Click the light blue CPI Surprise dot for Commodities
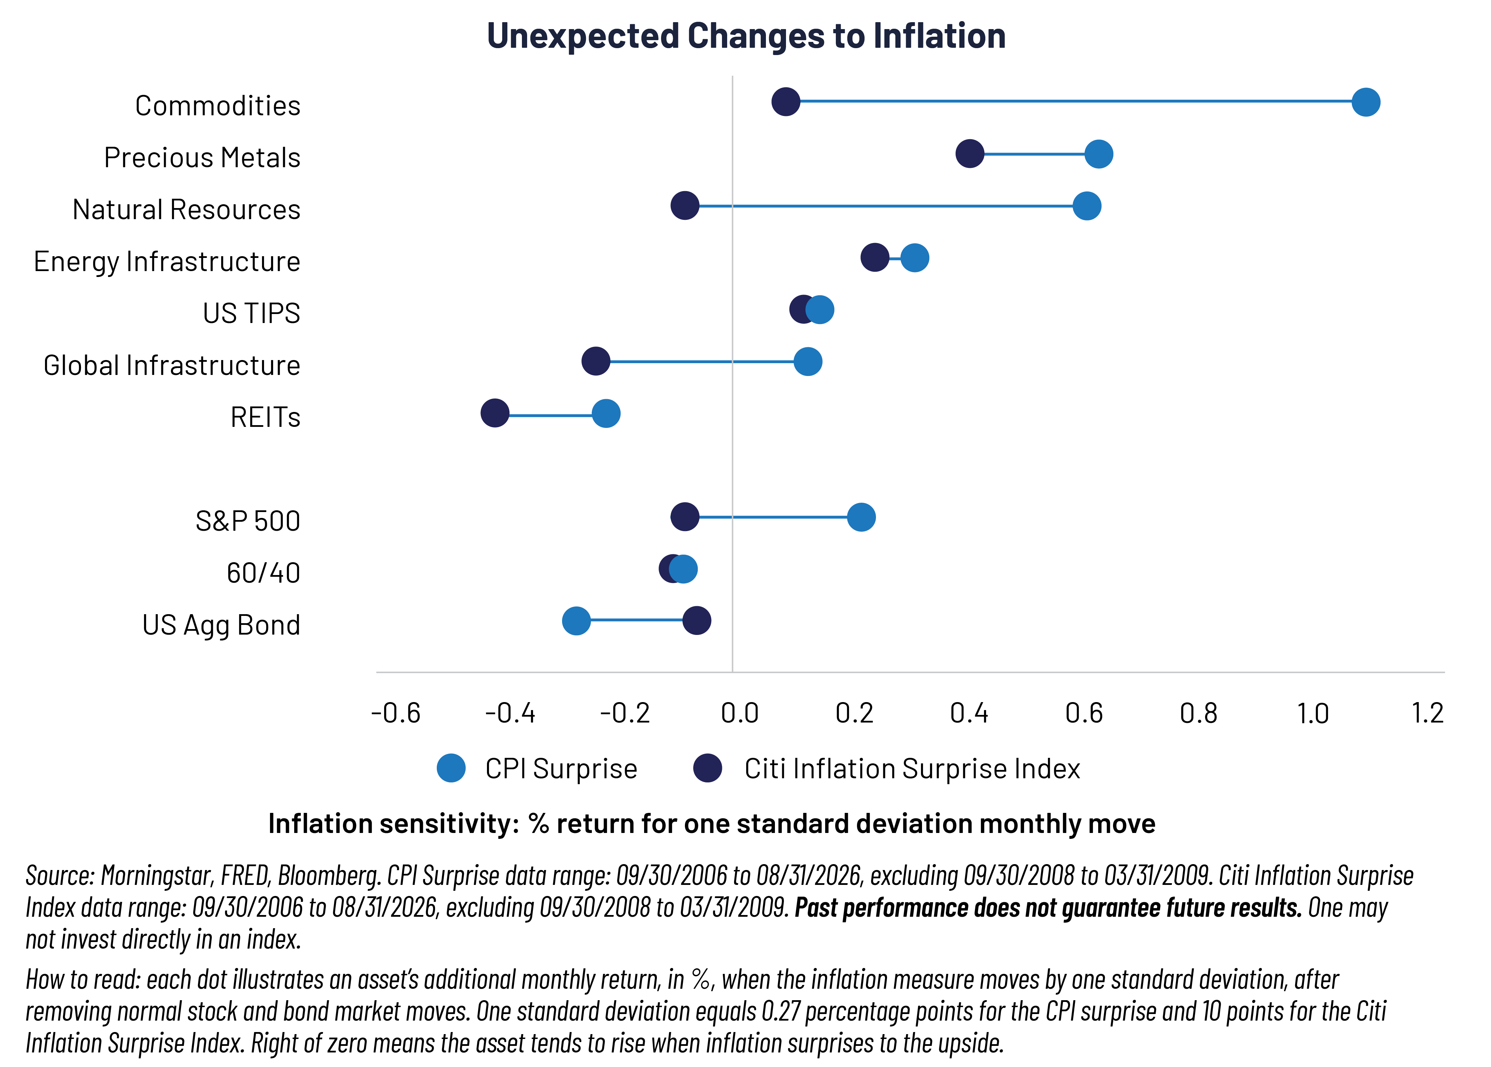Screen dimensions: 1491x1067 pos(1366,102)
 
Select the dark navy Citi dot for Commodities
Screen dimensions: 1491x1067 pos(786,102)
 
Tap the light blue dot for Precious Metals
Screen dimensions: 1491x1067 pos(1098,154)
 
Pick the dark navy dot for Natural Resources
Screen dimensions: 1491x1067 pos(685,206)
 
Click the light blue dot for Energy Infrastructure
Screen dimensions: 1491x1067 pos(914,258)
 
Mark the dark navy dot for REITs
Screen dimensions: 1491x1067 pos(495,413)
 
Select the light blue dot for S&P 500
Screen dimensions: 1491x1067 pos(861,517)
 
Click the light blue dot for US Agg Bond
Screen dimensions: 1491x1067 pos(576,621)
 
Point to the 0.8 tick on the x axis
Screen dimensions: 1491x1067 pos(1198,713)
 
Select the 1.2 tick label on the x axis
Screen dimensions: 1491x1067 pos(1427,713)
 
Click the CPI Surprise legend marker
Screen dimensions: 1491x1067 pos(451,768)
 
